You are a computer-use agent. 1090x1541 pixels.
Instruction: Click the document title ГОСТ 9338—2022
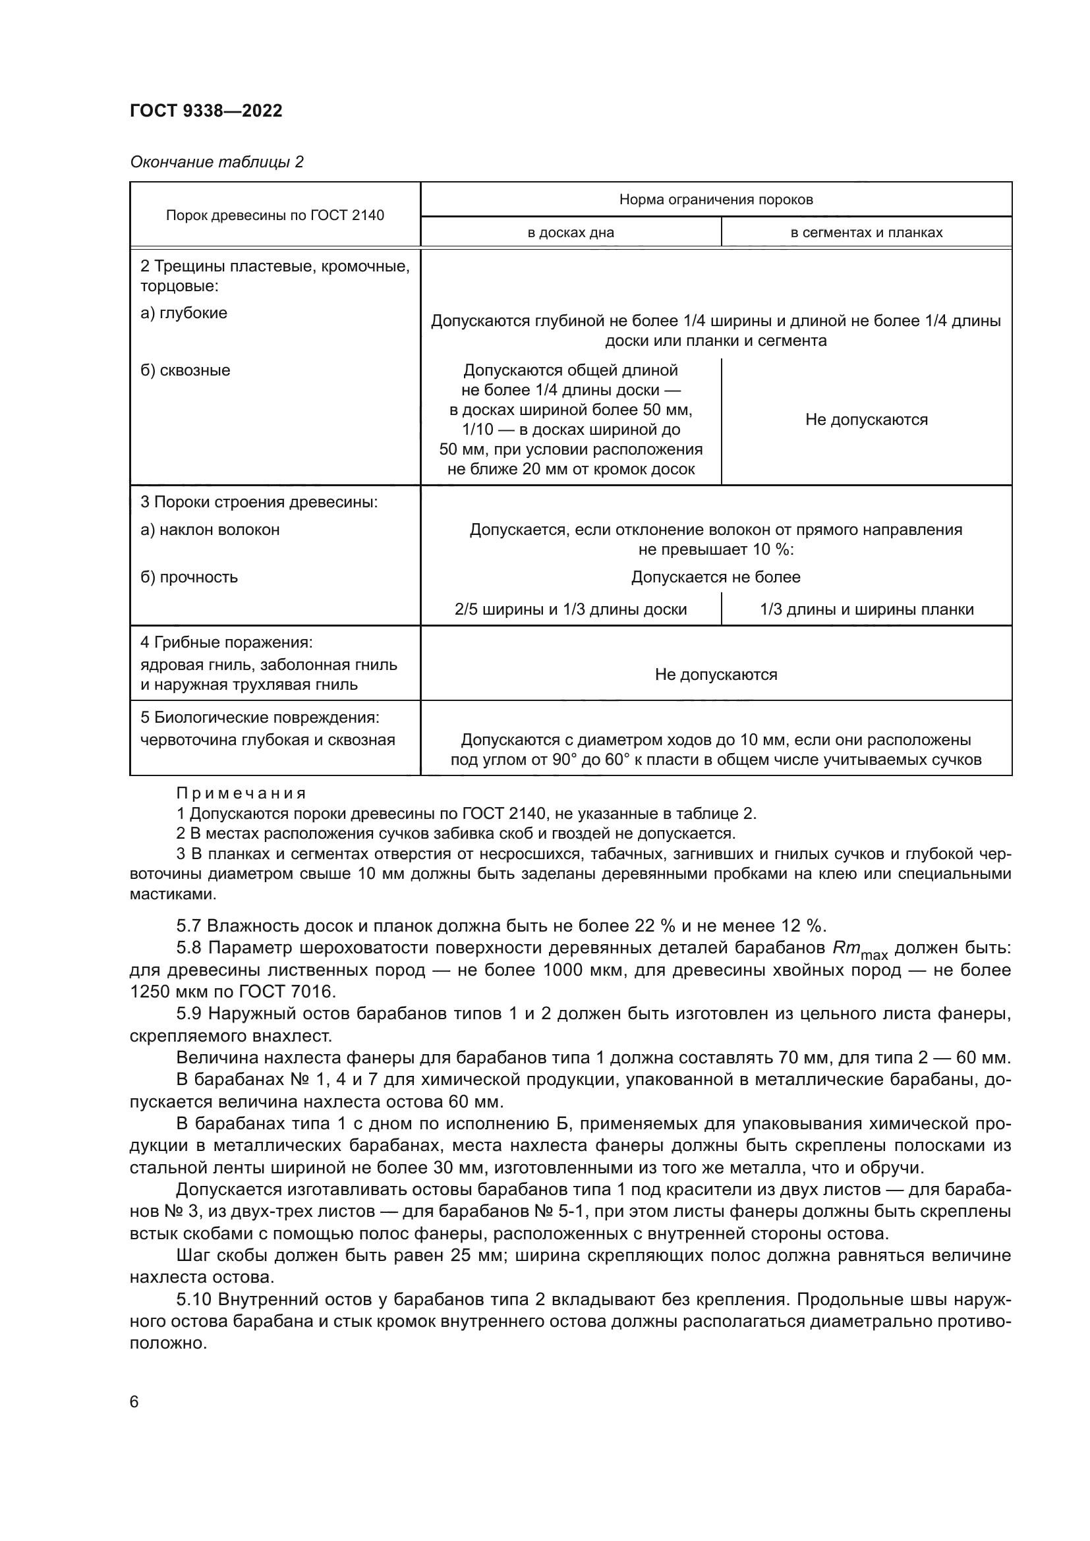point(206,111)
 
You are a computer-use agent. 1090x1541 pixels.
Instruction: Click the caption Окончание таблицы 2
point(217,162)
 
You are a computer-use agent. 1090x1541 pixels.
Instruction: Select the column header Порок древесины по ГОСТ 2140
point(275,215)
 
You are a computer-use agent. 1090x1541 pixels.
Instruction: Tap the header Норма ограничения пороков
point(716,200)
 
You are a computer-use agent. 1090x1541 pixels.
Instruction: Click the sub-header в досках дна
point(571,233)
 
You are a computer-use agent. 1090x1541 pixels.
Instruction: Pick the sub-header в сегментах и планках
point(866,233)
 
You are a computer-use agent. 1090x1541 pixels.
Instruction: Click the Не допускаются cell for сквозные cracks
point(866,420)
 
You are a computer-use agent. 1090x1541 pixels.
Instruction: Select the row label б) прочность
point(189,577)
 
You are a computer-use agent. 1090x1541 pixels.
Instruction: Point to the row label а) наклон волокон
point(210,530)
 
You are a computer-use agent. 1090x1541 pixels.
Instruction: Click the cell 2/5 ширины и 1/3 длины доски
point(571,609)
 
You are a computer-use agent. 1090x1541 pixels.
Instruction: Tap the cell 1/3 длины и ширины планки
point(866,609)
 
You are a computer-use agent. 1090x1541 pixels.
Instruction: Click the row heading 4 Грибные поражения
point(227,642)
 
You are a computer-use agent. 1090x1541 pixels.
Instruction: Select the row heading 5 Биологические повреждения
point(260,717)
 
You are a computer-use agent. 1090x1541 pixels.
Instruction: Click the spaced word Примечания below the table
point(241,793)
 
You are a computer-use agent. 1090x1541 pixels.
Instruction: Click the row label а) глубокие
point(184,313)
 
